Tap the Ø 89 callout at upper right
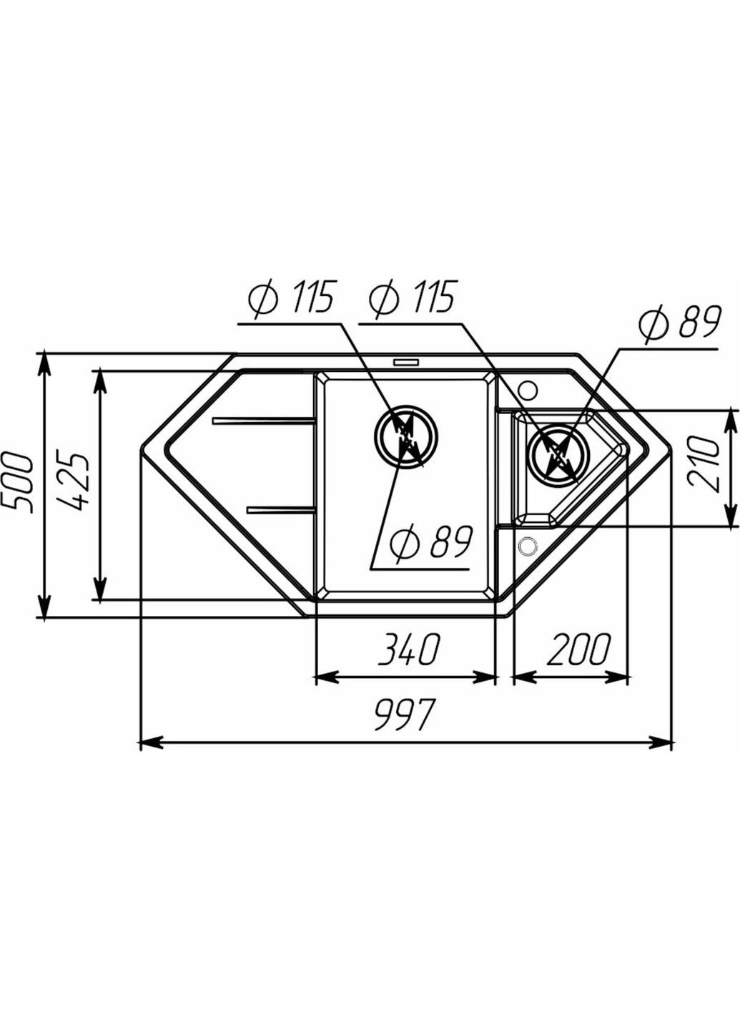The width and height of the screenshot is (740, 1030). point(679,324)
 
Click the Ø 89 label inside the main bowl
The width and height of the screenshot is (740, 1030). point(431,544)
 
